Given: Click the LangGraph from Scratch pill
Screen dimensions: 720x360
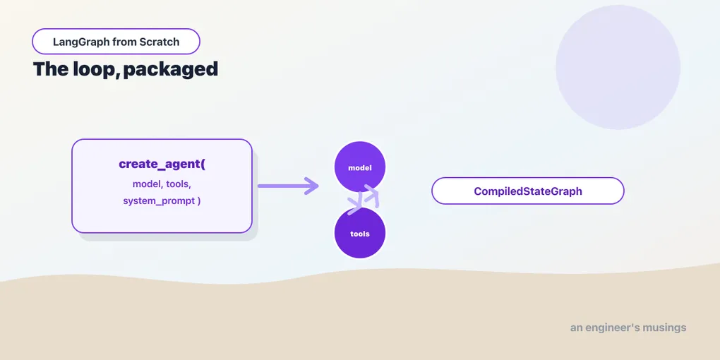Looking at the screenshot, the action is tap(116, 42).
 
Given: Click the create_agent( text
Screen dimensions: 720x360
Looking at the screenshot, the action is tap(162, 164).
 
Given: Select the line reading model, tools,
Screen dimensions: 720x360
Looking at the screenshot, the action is tap(162, 184).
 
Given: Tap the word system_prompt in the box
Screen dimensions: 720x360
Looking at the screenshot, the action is tap(159, 201).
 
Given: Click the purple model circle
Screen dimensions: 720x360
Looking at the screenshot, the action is tap(359, 167).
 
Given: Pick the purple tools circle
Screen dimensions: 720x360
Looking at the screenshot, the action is tap(359, 233).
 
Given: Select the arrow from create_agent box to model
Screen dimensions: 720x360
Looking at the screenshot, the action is tap(288, 186).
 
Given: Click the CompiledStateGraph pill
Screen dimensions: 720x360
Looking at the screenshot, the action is tap(527, 191).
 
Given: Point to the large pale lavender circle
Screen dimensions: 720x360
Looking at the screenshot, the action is tap(618, 67).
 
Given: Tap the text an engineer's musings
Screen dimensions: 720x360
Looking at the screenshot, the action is tap(628, 328).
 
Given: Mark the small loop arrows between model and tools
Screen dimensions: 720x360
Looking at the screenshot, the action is tap(364, 199).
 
